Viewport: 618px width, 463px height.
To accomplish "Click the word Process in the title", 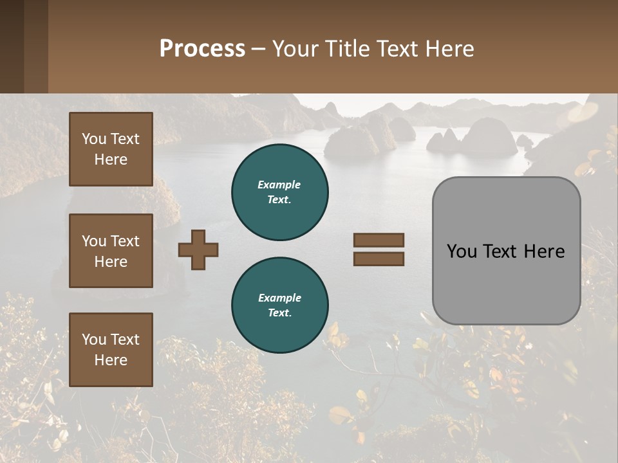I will [202, 49].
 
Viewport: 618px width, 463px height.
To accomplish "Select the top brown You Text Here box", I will [111, 149].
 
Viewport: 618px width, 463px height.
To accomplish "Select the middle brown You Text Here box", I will [111, 251].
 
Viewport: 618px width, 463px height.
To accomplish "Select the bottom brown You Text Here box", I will [111, 350].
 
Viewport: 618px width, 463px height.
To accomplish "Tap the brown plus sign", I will [198, 250].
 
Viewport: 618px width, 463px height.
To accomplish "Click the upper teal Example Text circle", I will [279, 192].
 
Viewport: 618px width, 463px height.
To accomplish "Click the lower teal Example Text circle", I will [279, 305].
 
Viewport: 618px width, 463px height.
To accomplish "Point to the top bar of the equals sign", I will [379, 241].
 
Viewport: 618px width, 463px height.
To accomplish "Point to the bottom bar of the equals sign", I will [379, 259].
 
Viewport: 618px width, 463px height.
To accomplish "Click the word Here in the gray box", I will [544, 251].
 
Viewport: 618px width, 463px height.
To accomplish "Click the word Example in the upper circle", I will [279, 185].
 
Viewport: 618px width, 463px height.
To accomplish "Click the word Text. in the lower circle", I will [279, 313].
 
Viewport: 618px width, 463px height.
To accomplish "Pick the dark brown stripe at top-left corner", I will [12, 46].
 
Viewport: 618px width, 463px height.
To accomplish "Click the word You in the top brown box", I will [94, 139].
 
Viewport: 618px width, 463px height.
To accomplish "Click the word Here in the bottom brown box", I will [111, 360].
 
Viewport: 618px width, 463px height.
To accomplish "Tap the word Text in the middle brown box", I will [125, 241].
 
